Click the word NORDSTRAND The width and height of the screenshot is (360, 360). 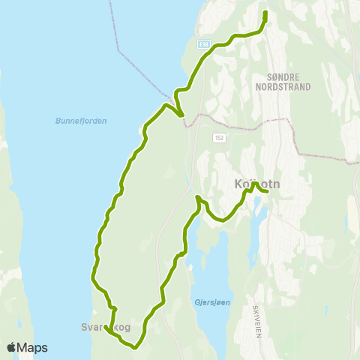coord(288,86)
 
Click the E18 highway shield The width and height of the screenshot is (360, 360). coord(203,46)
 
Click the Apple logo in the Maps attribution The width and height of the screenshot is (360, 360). coord(12,347)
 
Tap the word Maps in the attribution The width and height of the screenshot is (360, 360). coord(32,347)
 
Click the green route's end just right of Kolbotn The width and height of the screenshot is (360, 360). coord(267,191)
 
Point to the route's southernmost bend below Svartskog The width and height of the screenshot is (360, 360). coord(133,347)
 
